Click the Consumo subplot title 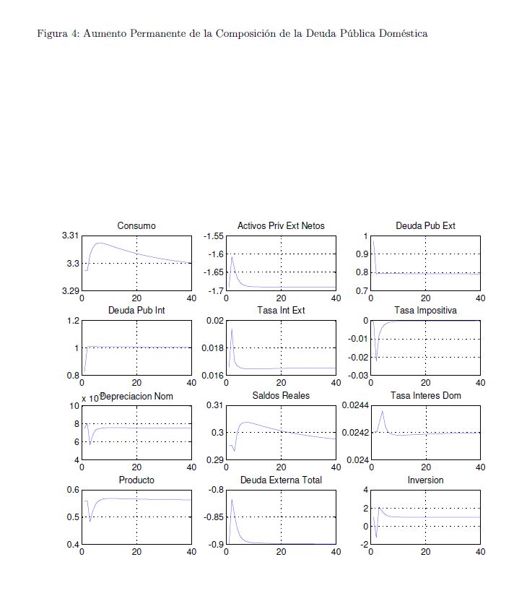point(136,226)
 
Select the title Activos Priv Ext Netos point(281,226)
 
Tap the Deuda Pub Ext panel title point(425,226)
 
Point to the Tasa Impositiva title point(425,311)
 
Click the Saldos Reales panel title point(281,396)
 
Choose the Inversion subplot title point(425,480)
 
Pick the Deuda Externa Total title point(281,480)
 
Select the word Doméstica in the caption point(401,33)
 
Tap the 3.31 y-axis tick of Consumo point(70,236)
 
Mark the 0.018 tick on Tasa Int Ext point(214,348)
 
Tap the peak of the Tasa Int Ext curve point(232,329)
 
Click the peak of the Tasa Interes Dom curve point(382,411)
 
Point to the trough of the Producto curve point(91,520)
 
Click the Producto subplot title point(136,480)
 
